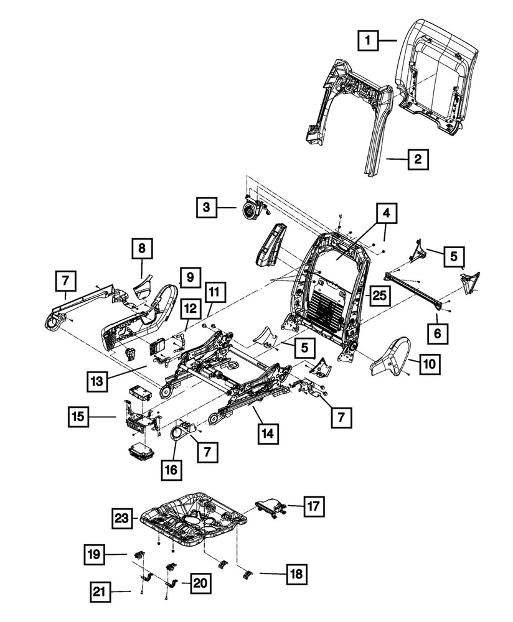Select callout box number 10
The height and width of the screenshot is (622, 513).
tap(430, 364)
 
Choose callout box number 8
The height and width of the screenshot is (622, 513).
tap(142, 249)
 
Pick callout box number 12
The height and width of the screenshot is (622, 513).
tap(191, 308)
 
